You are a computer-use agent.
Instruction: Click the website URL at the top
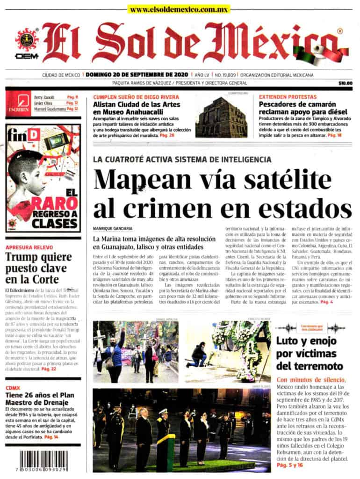pyautogui.click(x=180, y=9)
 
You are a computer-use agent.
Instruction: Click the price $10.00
pyautogui.click(x=345, y=83)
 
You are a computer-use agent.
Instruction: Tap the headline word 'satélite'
pyautogui.click(x=273, y=179)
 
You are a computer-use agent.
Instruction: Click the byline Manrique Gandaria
pyautogui.click(x=112, y=228)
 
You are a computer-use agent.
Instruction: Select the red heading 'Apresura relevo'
pyautogui.click(x=29, y=247)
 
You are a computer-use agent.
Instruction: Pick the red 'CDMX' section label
pyautogui.click(x=13, y=388)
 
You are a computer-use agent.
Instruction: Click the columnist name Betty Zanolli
pyautogui.click(x=44, y=97)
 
